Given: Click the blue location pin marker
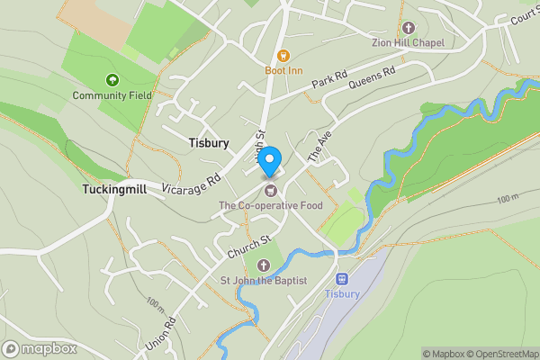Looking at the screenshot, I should tap(270, 160).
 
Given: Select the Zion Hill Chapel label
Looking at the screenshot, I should tap(408, 42).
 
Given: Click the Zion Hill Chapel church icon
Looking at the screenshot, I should tap(408, 28).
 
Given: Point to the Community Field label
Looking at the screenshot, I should tap(112, 95).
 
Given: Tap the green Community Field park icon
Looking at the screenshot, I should tap(112, 80).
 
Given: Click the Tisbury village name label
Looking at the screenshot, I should tap(209, 143).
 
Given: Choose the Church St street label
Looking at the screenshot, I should tap(248, 244).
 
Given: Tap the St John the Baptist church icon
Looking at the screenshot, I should tap(264, 265).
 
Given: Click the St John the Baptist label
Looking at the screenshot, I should tap(264, 281).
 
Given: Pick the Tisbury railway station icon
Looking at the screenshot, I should tap(342, 279).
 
